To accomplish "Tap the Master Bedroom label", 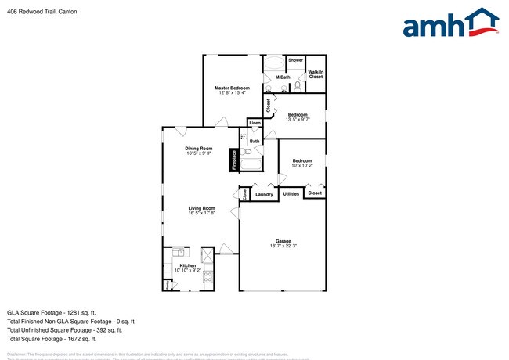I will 232,88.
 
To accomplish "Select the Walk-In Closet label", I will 316,74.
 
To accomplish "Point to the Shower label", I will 295,60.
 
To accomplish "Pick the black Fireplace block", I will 233,160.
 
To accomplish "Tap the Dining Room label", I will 198,149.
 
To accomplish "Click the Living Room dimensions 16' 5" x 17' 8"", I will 201,213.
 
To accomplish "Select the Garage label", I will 283,241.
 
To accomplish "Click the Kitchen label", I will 188,265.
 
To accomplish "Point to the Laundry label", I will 264,193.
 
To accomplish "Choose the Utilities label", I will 291,193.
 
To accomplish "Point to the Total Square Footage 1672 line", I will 52,339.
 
